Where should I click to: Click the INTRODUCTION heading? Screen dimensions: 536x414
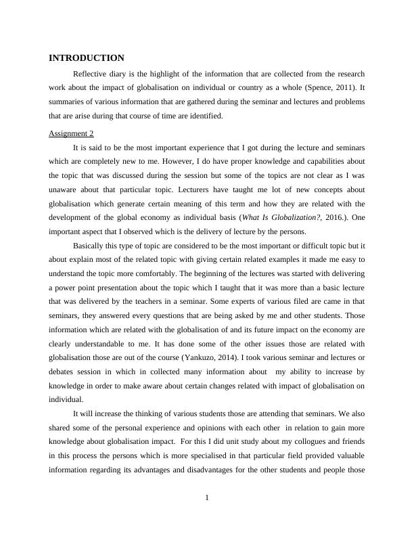87,58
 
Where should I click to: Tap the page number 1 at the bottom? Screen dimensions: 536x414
207,499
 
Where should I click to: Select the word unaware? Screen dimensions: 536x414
64,190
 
